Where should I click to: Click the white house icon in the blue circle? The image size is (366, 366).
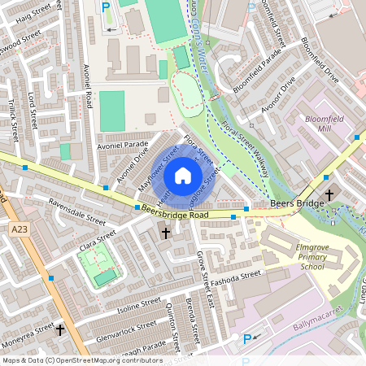pos(183,176)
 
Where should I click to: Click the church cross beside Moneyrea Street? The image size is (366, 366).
pos(59,330)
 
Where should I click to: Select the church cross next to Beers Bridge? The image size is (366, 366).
pos(329,194)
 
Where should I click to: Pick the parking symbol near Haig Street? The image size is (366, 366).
pos(106,7)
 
